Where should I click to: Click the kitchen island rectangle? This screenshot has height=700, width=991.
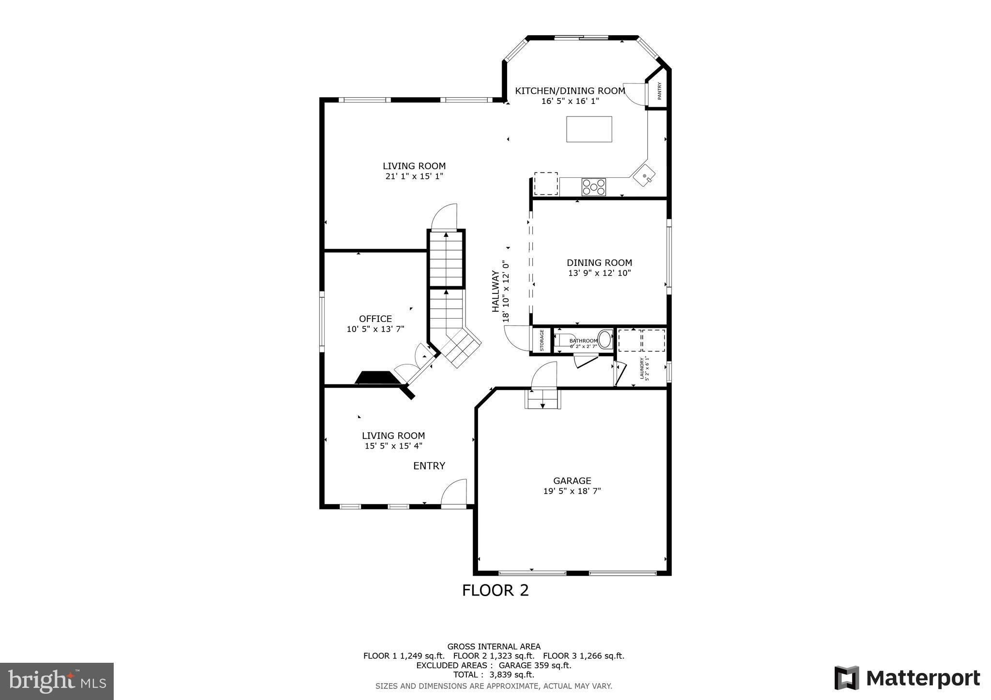589,129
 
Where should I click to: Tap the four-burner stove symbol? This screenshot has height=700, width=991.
593,187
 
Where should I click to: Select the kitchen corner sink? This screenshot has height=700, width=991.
645,175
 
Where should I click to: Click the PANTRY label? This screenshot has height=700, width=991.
659,91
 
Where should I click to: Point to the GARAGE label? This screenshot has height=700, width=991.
572,481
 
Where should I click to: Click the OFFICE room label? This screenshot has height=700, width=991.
375,319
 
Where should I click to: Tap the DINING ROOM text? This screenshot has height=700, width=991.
599,262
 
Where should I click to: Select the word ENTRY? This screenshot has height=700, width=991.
429,466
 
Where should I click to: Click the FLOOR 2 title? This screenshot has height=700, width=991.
495,590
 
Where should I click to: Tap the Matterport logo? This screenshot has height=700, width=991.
907,678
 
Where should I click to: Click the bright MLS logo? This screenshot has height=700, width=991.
57,682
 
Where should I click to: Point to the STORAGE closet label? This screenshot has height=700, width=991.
542,340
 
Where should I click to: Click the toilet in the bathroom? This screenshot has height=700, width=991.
605,339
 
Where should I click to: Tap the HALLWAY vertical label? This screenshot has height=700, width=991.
495,291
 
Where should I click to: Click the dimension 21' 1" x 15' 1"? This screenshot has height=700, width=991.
414,176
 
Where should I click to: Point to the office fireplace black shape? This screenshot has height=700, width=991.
378,378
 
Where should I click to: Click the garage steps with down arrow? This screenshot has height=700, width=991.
542,399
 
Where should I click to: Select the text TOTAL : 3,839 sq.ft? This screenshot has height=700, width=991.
494,674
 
